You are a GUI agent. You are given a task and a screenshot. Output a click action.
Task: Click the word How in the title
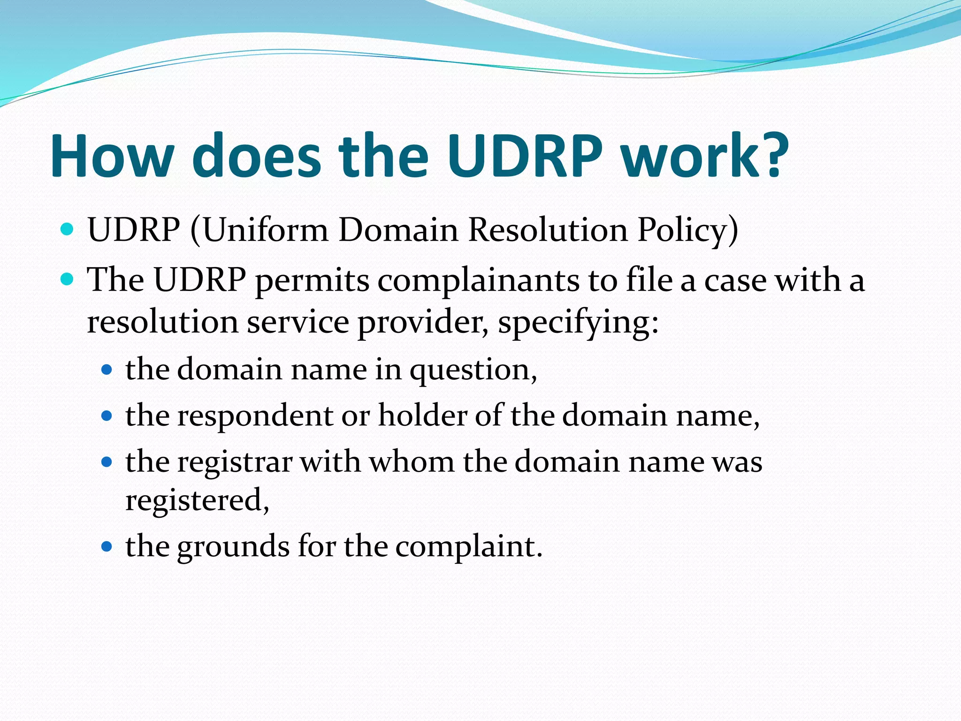click(x=113, y=156)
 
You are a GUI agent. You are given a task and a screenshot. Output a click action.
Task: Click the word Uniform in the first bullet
click(x=265, y=230)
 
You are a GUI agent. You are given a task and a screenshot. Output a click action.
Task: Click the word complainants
click(x=478, y=281)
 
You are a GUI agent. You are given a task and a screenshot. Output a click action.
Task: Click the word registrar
click(x=235, y=462)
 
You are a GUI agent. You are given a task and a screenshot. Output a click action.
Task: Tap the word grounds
click(x=233, y=547)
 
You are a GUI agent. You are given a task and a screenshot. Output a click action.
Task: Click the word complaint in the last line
click(x=465, y=547)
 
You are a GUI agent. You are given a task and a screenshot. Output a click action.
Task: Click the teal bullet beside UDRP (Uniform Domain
click(x=68, y=230)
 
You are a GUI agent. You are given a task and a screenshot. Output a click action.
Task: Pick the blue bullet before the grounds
click(x=107, y=546)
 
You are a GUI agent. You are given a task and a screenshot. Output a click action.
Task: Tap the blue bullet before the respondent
click(x=107, y=415)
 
